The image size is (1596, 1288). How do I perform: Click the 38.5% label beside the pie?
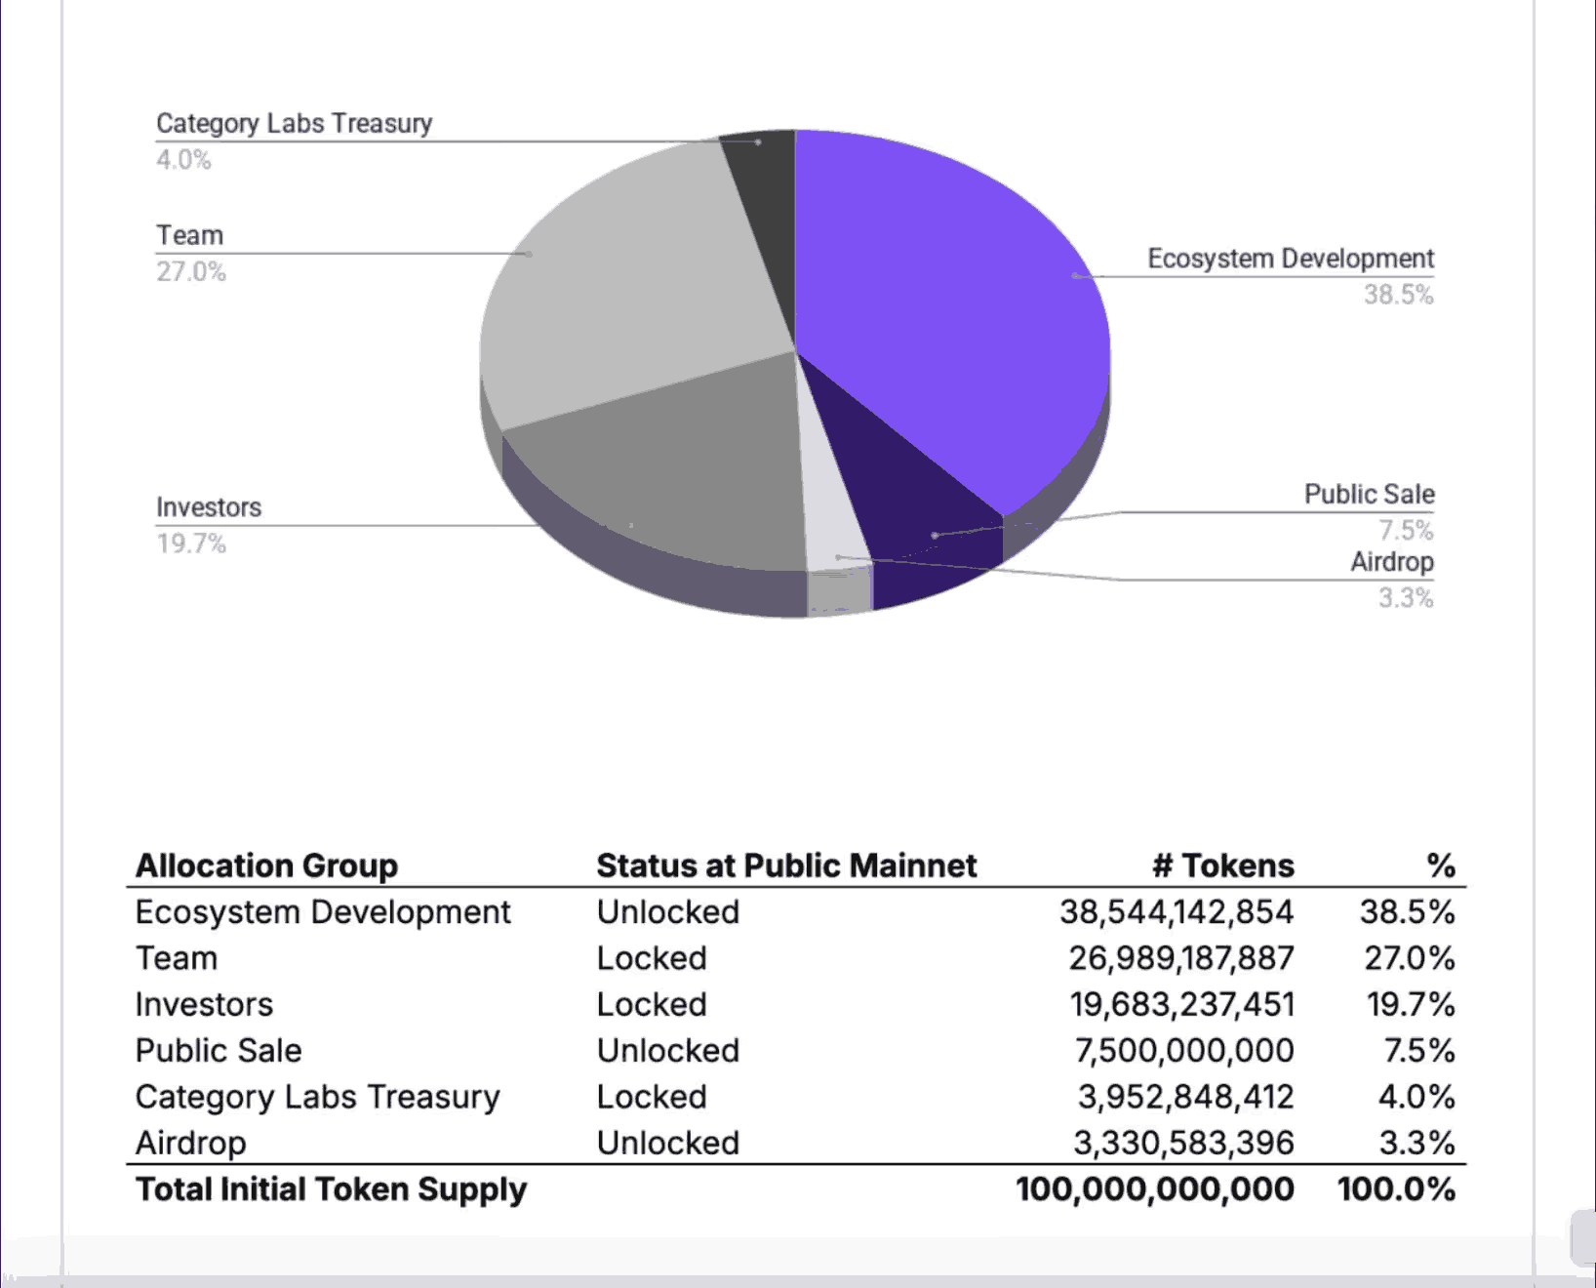(1398, 295)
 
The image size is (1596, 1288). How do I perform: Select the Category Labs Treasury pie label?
(294, 124)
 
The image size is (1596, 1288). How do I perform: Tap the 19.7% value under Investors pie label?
(191, 543)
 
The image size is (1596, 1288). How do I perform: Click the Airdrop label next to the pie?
(1391, 562)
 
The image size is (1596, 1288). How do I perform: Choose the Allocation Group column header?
(266, 865)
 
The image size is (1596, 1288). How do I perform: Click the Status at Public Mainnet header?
(786, 865)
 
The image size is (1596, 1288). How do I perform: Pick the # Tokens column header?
(1223, 865)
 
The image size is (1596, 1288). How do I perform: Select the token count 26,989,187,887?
(1180, 958)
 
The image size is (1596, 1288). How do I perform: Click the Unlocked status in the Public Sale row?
(668, 1051)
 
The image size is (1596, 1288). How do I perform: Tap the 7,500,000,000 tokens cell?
(1183, 1051)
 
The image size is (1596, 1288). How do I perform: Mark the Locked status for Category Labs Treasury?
(652, 1097)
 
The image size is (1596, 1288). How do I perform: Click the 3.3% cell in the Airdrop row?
(1416, 1143)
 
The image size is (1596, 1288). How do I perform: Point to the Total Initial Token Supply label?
(331, 1189)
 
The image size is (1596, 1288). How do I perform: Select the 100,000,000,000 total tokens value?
(1154, 1189)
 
